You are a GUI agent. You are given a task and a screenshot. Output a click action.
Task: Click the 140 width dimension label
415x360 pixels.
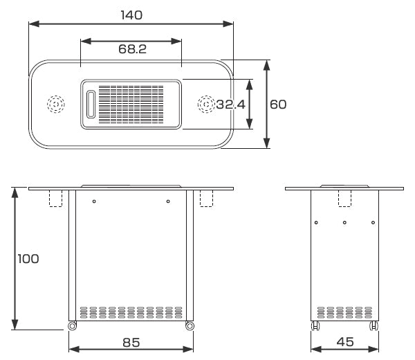131,15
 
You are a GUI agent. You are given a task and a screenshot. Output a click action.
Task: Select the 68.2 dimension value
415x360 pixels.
132,49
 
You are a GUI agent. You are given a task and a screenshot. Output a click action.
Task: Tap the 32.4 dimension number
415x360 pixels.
230,105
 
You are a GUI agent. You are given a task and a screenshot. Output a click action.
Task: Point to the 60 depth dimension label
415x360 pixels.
278,105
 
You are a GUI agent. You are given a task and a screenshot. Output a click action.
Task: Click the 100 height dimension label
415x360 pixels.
28,259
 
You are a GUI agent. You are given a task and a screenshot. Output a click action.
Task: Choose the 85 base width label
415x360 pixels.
131,343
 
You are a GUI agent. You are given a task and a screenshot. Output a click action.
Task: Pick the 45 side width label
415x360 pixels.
345,342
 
